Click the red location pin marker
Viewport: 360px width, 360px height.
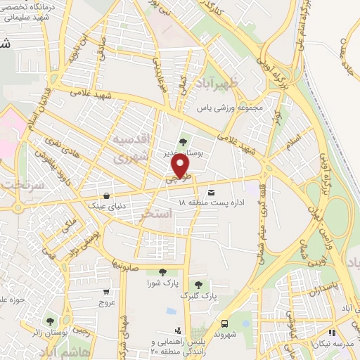point(181,165)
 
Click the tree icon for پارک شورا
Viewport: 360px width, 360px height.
point(162,271)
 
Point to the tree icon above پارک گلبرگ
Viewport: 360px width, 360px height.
point(198,284)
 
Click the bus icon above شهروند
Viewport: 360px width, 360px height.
point(224,323)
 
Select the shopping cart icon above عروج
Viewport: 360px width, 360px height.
point(106,292)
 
